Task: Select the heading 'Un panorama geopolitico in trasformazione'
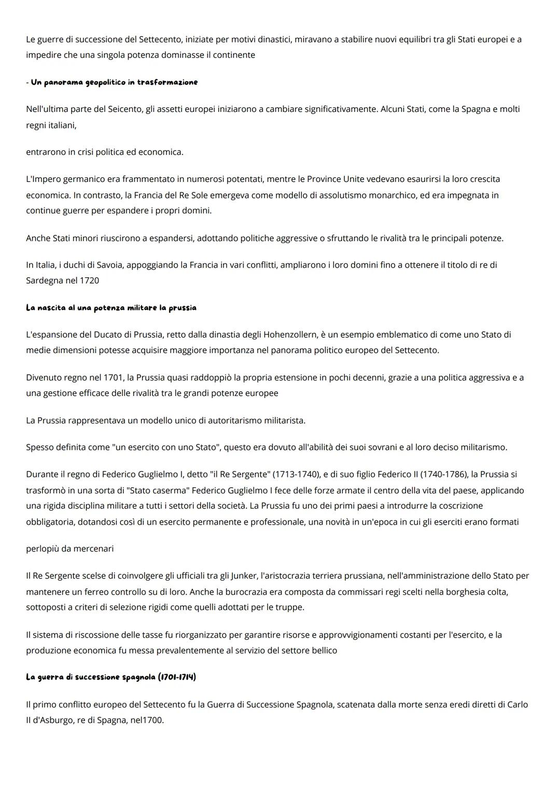click(114, 82)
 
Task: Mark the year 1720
click(89, 281)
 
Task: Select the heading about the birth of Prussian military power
click(111, 308)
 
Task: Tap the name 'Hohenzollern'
click(292, 335)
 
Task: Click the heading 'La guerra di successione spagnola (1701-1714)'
click(111, 677)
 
